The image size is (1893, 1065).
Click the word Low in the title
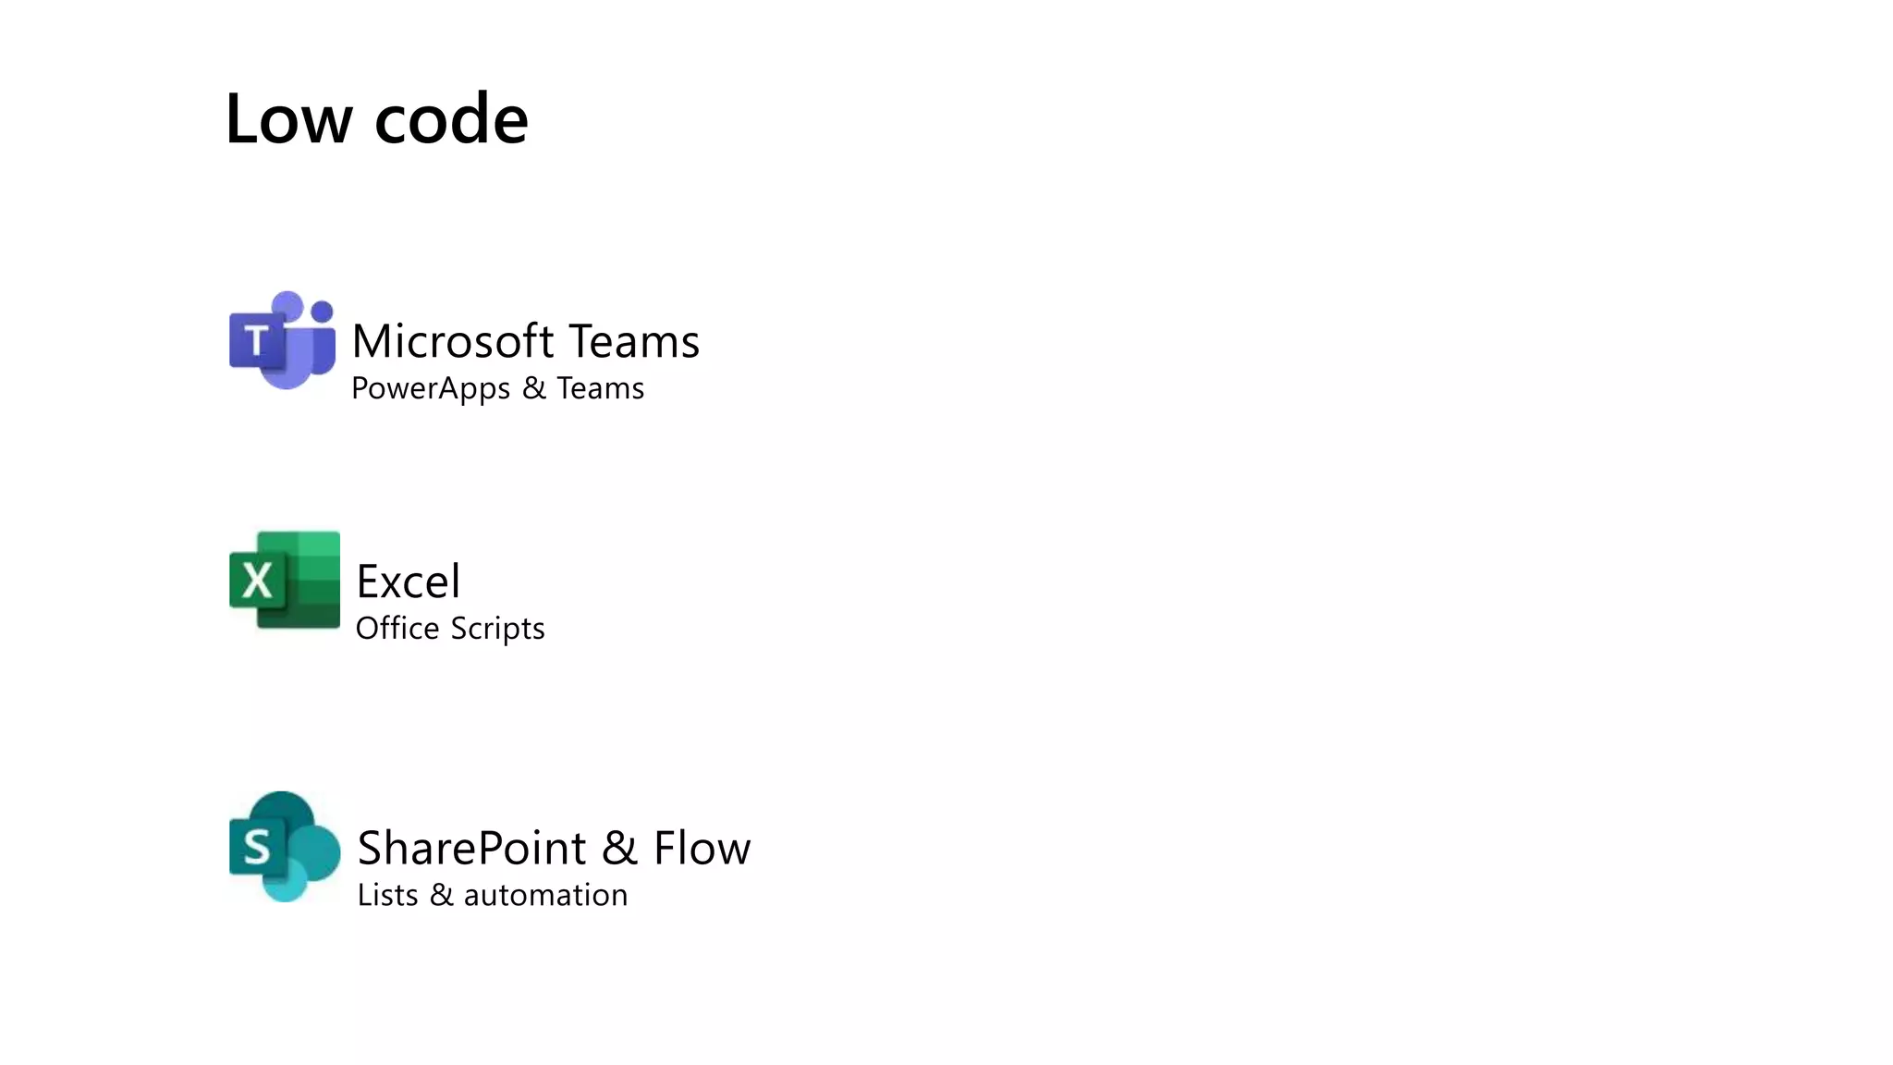288,119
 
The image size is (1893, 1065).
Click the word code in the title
451,121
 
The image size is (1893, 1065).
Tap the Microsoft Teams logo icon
283,340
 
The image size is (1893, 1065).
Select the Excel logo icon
285,581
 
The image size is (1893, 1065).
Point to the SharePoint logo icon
285,847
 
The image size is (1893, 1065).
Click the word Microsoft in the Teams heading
453,341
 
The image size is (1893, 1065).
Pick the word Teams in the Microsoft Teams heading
634,341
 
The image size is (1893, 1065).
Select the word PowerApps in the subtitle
431,388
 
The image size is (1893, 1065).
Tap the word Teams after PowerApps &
600,388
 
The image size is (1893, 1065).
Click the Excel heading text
408,581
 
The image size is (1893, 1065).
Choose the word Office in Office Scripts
397,629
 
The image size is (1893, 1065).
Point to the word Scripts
497,630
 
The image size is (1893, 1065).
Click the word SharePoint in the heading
471,848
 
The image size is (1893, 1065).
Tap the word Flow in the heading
702,848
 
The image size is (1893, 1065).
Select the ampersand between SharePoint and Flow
619,849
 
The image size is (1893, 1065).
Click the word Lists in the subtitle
387,895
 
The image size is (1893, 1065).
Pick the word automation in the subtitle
545,895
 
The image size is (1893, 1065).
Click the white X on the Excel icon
256,581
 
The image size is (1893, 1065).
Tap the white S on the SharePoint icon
256,847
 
